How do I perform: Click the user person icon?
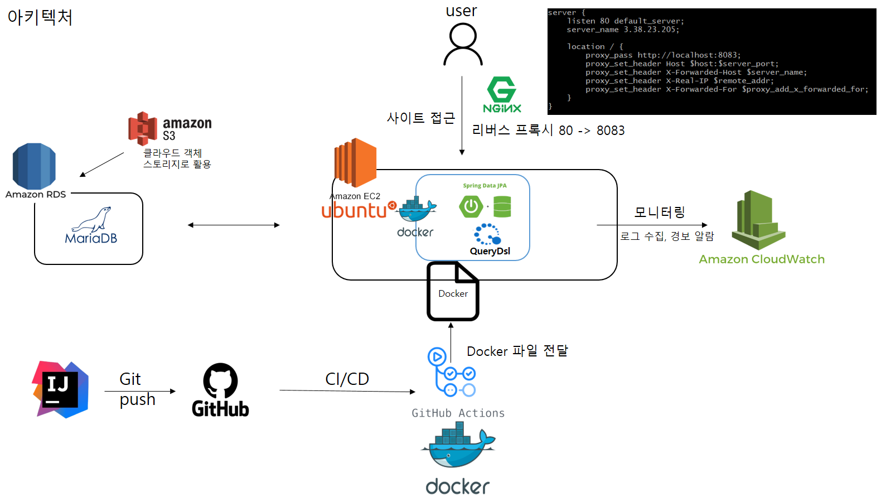click(x=463, y=45)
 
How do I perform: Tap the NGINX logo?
click(x=502, y=94)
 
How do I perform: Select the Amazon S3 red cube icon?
click(x=143, y=128)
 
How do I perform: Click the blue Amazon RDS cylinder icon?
click(x=34, y=166)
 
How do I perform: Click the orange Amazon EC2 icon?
click(x=355, y=162)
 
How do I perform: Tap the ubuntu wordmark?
click(x=355, y=210)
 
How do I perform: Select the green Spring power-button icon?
click(x=471, y=206)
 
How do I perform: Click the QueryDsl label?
click(x=490, y=251)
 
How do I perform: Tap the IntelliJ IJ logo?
click(x=60, y=389)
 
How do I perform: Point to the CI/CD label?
click(x=347, y=379)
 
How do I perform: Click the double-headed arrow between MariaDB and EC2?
click(x=234, y=225)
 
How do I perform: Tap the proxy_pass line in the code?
click(x=662, y=55)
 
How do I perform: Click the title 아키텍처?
click(x=40, y=17)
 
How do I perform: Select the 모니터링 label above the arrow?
click(x=659, y=212)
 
